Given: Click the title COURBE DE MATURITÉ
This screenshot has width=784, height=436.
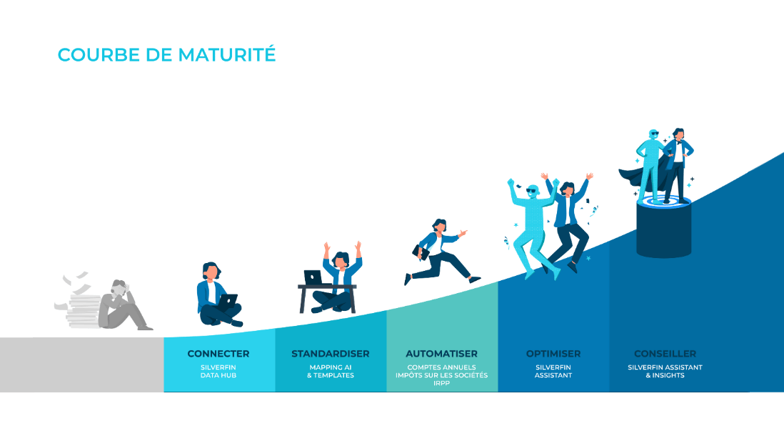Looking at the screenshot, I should pos(166,55).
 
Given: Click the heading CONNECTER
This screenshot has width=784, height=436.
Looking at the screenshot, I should pos(218,354).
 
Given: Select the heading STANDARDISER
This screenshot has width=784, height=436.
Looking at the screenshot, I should pos(331,354).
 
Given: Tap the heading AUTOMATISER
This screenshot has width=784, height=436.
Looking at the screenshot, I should pos(441,354).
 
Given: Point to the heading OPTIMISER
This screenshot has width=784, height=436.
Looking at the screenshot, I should pos(553,354).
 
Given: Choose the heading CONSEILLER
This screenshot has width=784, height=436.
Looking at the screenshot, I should pos(665,354).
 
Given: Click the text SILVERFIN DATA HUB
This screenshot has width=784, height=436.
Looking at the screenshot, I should pos(218,372).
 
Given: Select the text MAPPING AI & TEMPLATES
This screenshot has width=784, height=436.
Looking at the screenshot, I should pos(331,372).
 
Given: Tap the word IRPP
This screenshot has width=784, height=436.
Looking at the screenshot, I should pos(442,383).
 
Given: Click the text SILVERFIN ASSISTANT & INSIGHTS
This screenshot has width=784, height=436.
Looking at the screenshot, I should pos(665,372).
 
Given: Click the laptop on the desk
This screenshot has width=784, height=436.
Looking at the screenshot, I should pos(313,277).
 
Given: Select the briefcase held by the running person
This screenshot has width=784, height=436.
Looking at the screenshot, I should pos(421,251).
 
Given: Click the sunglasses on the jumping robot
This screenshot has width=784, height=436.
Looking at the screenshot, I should pos(533,192).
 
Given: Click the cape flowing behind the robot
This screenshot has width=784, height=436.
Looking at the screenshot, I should pos(632,175).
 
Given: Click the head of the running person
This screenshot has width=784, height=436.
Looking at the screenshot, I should pos(439,226).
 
